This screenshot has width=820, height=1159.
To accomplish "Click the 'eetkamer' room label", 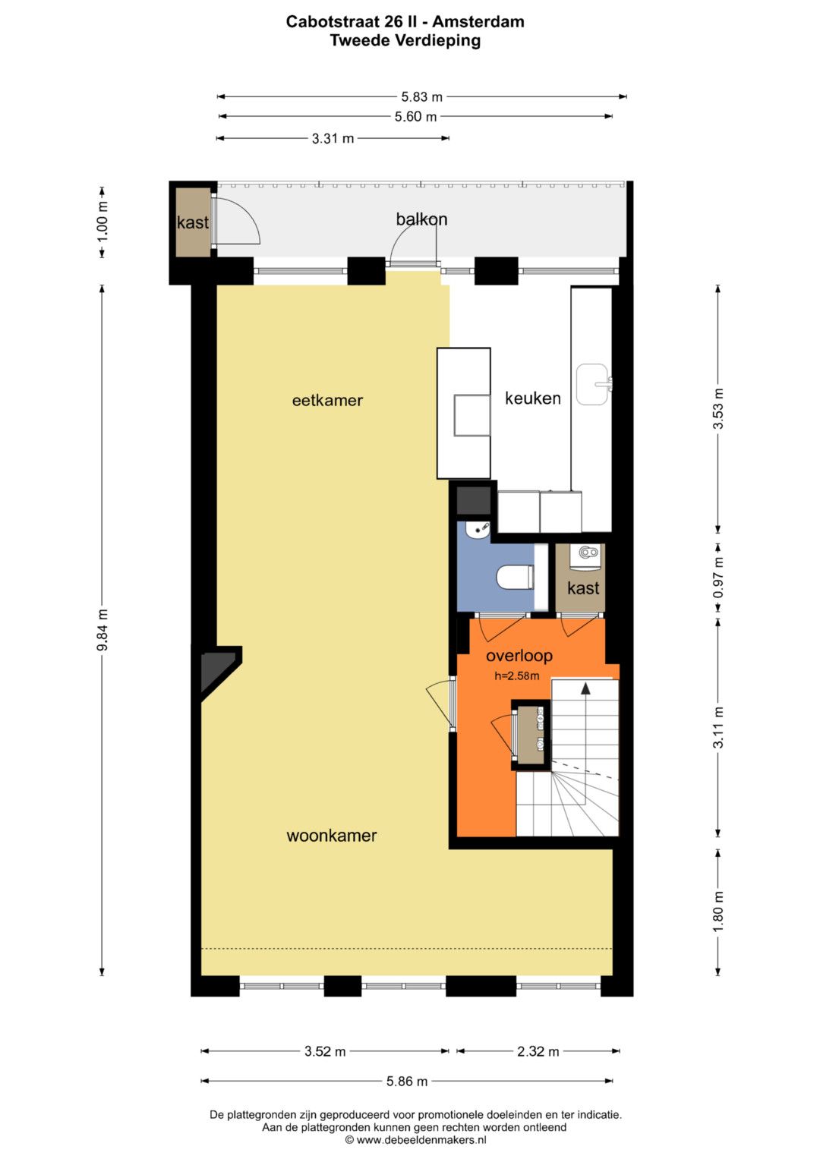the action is (327, 401).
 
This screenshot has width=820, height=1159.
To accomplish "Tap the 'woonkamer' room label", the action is (331, 836).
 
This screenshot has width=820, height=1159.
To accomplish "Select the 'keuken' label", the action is (533, 398).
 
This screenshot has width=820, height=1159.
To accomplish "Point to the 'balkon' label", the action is (421, 219).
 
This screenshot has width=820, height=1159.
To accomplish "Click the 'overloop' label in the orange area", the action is (519, 656).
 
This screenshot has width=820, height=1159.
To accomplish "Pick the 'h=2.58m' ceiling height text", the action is (516, 676).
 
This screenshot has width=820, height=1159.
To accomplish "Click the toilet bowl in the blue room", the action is (515, 576).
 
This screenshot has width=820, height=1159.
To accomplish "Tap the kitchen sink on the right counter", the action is (594, 384).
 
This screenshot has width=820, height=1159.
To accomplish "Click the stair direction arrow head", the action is (585, 688).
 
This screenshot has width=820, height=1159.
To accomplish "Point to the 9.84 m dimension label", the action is (102, 630).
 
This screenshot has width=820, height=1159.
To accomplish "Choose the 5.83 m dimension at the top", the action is (422, 96).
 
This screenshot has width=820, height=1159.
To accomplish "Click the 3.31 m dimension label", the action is (333, 139).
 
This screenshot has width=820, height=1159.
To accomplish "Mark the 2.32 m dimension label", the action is (538, 1051).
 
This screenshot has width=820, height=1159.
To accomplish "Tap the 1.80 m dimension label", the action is (718, 912).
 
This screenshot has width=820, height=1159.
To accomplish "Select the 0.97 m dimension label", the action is (718, 577).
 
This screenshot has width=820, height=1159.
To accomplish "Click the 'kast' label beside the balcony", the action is (193, 222).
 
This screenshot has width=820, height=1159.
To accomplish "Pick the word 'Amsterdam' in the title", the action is (478, 22).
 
